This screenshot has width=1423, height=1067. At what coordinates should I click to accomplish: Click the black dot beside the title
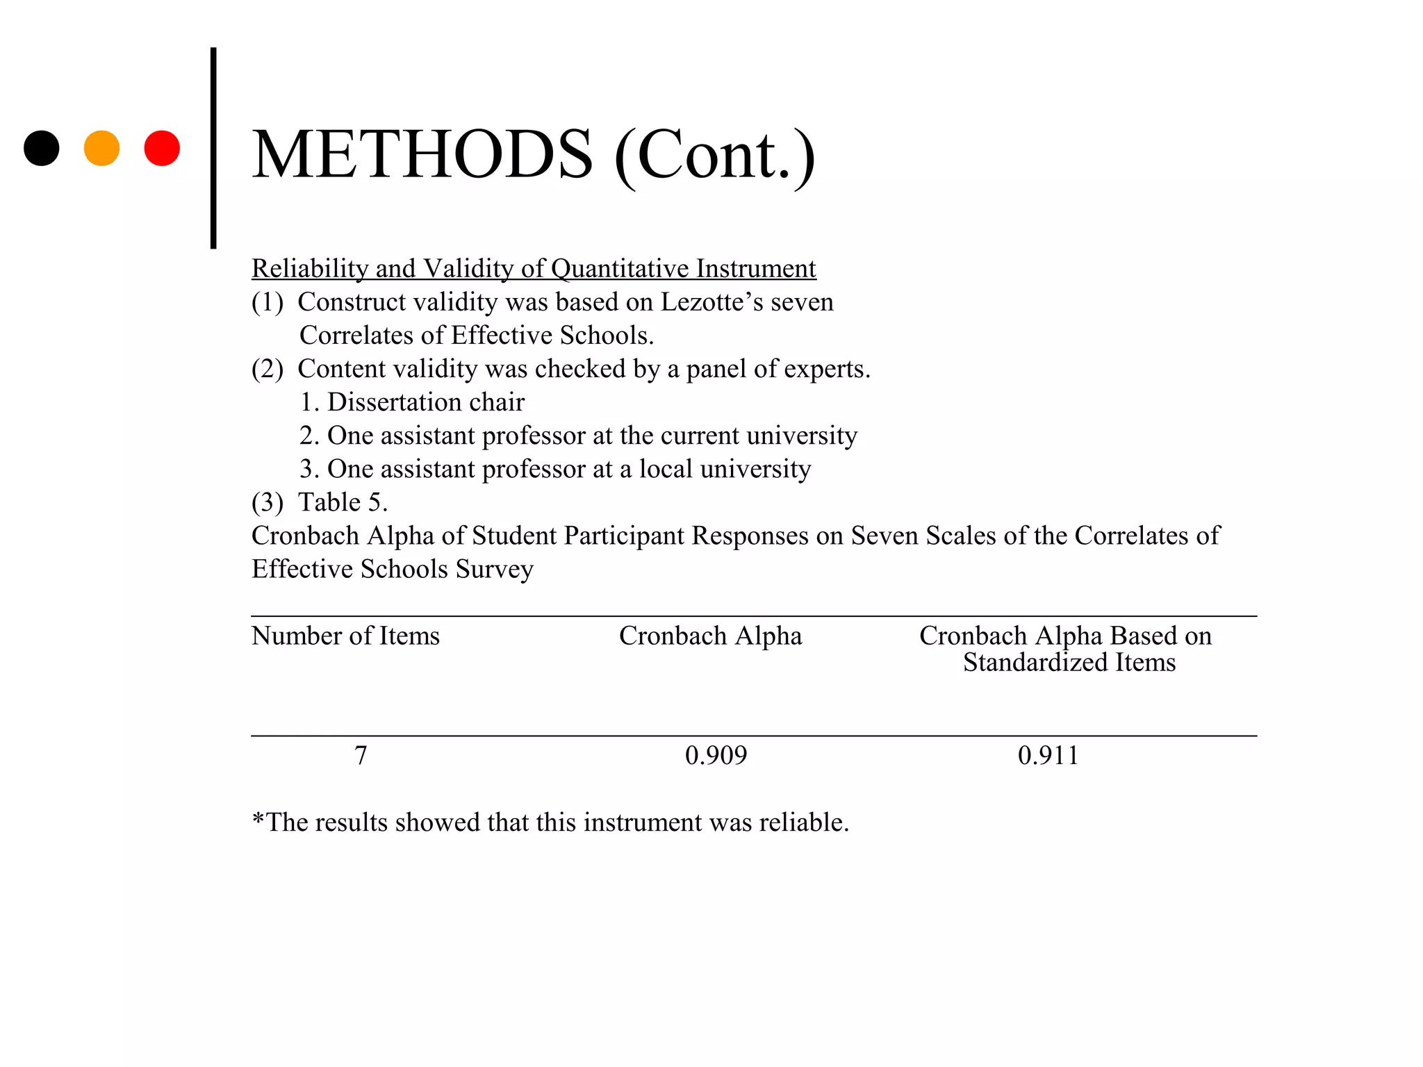42,148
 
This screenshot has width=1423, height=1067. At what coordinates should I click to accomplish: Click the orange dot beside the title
101,148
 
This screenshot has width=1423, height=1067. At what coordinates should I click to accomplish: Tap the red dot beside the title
162,148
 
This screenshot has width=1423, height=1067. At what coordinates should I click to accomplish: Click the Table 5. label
343,502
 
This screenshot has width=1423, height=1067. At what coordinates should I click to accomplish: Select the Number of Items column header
345,636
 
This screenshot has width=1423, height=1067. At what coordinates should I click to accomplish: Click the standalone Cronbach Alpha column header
710,636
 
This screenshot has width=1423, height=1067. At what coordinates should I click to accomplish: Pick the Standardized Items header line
1069,663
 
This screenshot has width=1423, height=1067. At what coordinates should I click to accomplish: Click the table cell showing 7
361,755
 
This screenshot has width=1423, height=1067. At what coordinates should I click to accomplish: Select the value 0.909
716,755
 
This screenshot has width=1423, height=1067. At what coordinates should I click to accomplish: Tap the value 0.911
1048,755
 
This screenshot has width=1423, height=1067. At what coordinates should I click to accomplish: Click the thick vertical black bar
213,148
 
